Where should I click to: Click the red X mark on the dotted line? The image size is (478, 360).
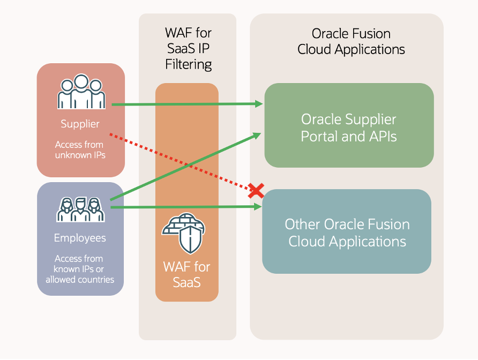click(x=256, y=190)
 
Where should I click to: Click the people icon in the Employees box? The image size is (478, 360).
click(x=80, y=209)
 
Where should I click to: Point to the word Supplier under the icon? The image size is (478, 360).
click(x=80, y=124)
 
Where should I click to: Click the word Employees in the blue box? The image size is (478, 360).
click(x=80, y=238)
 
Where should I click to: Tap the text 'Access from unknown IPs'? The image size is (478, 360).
click(x=80, y=150)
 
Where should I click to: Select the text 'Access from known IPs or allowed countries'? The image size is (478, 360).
click(x=80, y=269)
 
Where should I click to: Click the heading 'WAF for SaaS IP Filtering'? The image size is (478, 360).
click(x=188, y=49)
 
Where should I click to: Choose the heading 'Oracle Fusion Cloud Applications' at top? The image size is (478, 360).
click(x=351, y=42)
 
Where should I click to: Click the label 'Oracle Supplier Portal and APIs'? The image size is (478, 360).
click(x=349, y=127)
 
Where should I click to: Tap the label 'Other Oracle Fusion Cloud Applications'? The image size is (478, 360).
click(x=347, y=232)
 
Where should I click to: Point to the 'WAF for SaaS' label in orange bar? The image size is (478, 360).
click(x=187, y=274)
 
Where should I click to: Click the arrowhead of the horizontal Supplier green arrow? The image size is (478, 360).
click(x=260, y=104)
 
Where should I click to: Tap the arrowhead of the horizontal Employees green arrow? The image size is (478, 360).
click(x=260, y=207)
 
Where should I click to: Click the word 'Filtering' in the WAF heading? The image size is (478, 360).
click(x=188, y=65)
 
